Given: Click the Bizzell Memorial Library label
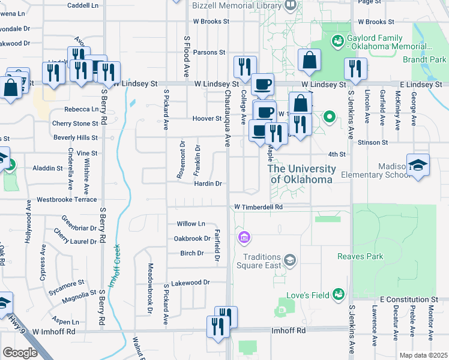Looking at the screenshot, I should pos(237,6).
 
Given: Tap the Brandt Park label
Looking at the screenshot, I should pos(429,60).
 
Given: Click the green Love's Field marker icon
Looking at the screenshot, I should pos(339,293).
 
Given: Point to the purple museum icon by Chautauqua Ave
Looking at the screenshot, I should pos(243,238).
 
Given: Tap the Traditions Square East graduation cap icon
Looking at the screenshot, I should pos(290,259).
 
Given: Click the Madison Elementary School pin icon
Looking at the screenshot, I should pos(418,164).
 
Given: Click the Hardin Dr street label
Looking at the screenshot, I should pos(208,184).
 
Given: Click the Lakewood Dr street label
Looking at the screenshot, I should pos(190,282).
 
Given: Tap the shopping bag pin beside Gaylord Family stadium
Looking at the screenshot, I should pos(310,61).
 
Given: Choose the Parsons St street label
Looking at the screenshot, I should pos(209,52).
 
